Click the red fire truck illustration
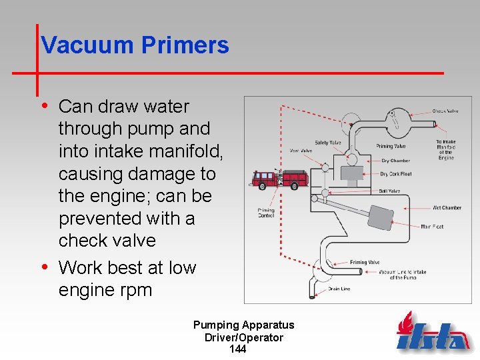pyautogui.click(x=279, y=178)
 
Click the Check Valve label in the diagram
pyautogui.click(x=445, y=111)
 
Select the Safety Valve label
pyautogui.click(x=328, y=143)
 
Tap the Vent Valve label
pyautogui.click(x=301, y=151)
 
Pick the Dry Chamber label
pyautogui.click(x=395, y=161)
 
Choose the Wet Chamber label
pyautogui.click(x=447, y=208)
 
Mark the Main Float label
pyautogui.click(x=432, y=227)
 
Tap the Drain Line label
pyautogui.click(x=340, y=289)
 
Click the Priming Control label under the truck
pyautogui.click(x=266, y=213)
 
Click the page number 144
pyautogui.click(x=237, y=349)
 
